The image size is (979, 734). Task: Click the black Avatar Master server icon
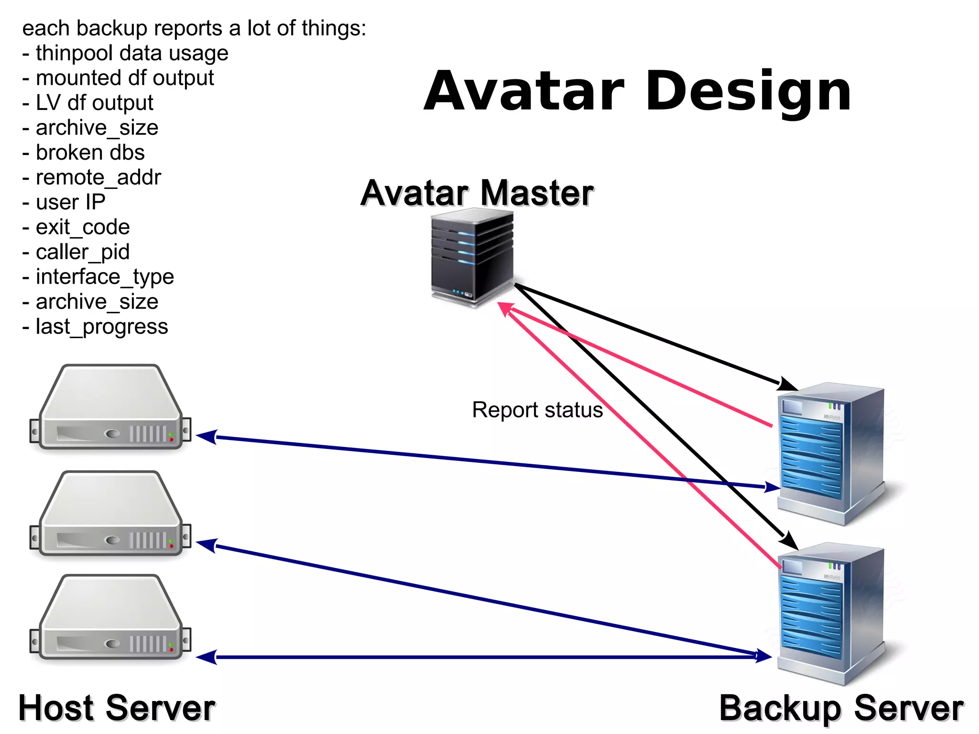coord(472,257)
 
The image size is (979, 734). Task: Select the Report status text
coord(537,410)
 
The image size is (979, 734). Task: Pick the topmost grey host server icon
coord(110,408)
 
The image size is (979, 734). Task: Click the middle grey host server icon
coord(110,514)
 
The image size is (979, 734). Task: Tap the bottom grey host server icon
coord(110,618)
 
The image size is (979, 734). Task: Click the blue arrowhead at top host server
coord(207,437)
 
